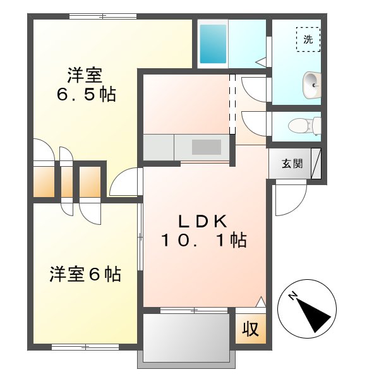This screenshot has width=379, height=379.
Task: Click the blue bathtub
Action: click(x=213, y=44)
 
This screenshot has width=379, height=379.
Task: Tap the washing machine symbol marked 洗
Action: click(x=308, y=39)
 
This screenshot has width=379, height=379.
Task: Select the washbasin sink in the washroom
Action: click(x=311, y=84)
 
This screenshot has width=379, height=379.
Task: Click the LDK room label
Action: click(x=202, y=221)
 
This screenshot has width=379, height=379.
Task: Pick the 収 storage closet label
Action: click(x=251, y=329)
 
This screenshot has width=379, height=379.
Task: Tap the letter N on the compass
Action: click(x=293, y=296)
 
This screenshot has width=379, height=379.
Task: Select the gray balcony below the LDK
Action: click(x=186, y=338)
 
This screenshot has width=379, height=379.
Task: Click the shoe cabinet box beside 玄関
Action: click(x=322, y=164)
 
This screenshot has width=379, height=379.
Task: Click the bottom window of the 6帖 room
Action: click(x=85, y=347)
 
